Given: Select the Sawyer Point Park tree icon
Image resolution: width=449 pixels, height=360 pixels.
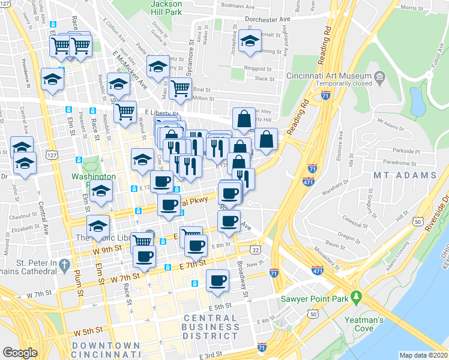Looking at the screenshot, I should pos(356,296).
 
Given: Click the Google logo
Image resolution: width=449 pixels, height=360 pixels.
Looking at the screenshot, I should pos(20,352).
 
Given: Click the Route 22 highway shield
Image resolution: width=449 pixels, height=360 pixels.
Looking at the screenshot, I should pos(255,250).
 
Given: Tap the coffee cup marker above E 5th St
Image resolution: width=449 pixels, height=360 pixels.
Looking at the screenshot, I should pos(217,280).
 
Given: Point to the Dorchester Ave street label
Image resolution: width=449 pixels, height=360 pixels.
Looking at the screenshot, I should pos(268,19).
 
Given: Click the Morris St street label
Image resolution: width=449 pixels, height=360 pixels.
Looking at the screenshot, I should pos(412,8).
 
